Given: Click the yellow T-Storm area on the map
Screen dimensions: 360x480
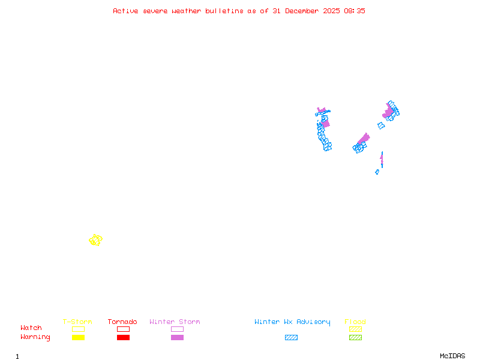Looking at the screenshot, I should (x=95, y=240).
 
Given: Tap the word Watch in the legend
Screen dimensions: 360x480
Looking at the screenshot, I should (x=31, y=328).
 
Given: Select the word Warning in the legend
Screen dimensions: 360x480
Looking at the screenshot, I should (x=35, y=337).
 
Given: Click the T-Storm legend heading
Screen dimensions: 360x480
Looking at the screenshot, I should (x=77, y=322).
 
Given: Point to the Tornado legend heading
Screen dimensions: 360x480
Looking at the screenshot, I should (x=122, y=322).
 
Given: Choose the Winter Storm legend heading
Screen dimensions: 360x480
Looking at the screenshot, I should (x=175, y=322).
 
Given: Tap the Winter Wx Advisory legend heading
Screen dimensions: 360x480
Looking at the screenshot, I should (x=292, y=322).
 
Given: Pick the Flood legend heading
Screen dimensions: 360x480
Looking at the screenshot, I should (x=355, y=322).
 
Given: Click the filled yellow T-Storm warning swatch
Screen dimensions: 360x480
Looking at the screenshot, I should (x=78, y=338).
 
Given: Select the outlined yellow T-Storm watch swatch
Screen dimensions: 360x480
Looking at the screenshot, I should (x=78, y=329).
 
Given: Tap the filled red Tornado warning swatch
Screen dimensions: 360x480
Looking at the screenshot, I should (x=123, y=338).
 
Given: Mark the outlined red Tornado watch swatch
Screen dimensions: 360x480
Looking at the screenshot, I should (x=123, y=329).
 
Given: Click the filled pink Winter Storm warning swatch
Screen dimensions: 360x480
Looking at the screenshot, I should (x=177, y=338).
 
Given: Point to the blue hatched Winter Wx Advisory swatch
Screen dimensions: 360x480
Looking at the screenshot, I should (x=291, y=338).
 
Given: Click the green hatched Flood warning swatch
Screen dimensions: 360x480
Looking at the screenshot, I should (x=355, y=338).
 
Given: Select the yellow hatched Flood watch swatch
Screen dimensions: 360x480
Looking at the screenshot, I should (x=355, y=329).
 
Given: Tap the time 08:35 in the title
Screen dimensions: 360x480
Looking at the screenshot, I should (x=356, y=11).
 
